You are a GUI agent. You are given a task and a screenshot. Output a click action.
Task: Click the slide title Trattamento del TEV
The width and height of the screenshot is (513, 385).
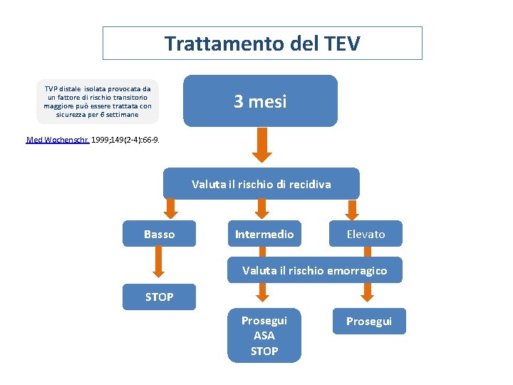coord(262,43)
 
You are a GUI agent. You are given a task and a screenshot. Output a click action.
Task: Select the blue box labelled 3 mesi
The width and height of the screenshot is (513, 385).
coord(260,101)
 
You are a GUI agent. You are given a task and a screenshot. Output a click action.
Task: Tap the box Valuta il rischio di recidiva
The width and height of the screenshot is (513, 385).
coord(261,184)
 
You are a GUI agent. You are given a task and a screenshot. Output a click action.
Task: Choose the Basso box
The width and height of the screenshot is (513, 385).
coord(159,234)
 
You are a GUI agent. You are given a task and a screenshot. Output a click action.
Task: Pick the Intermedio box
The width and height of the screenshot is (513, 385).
coord(264,234)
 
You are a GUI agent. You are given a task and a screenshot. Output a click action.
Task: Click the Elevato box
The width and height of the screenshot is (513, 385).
coord(366,234)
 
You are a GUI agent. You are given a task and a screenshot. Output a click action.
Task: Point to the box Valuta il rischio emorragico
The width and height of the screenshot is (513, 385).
coord(314,270)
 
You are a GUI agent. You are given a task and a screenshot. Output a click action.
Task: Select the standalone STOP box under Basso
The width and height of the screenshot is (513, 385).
coord(159,297)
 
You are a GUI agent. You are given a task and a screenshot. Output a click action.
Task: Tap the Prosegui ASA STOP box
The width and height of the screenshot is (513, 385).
coord(264,335)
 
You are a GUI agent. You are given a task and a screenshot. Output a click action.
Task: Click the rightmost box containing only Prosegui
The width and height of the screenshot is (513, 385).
coord(369,322)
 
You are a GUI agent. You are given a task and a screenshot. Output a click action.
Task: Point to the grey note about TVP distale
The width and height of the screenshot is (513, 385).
coord(98,101)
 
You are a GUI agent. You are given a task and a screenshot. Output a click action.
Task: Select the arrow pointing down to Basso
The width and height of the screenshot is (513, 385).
coord(172,208)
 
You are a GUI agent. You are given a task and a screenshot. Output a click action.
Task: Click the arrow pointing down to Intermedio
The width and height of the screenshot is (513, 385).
coord(261,208)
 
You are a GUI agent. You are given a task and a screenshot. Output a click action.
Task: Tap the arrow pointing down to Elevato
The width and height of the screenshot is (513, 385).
coord(351,208)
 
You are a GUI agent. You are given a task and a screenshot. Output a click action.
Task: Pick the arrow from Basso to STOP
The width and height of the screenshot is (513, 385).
coord(159,262)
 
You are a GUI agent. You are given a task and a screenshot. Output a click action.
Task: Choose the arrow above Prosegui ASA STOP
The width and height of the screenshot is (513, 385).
coord(262,293)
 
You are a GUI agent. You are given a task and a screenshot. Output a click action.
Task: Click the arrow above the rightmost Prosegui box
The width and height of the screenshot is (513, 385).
coord(368,293)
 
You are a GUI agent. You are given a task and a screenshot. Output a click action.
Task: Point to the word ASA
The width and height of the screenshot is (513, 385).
coord(264,335)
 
